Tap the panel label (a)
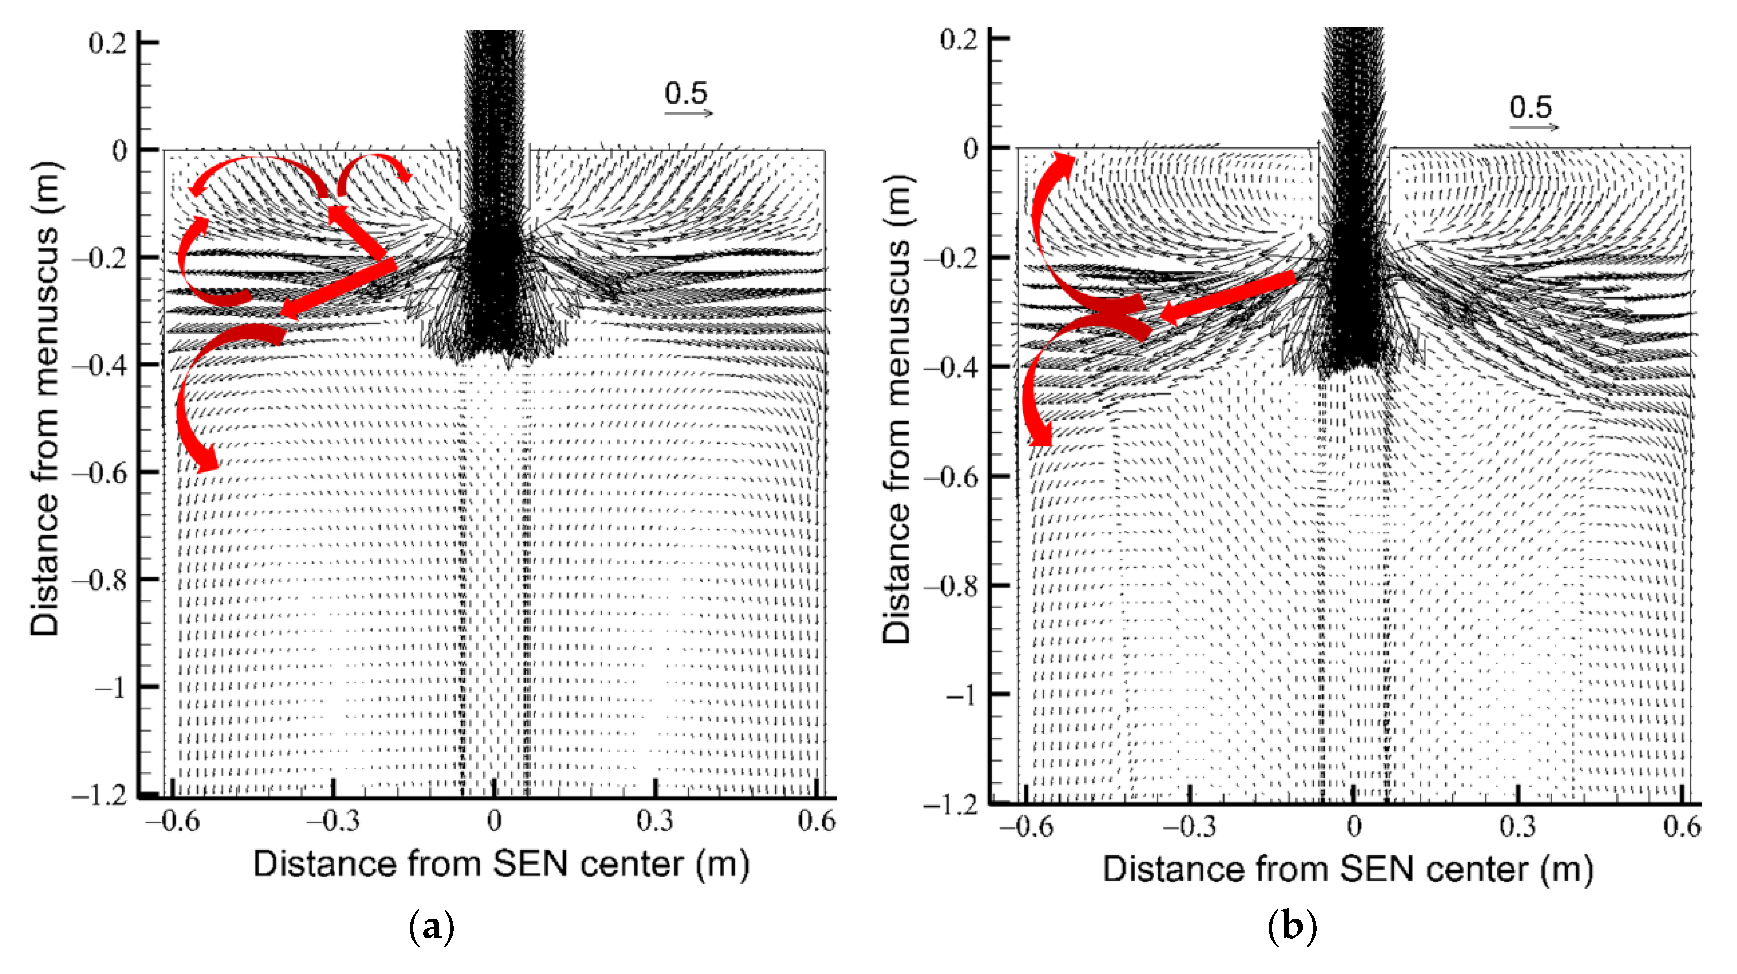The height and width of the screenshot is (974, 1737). (432, 928)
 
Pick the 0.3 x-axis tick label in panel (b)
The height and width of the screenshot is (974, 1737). (1517, 826)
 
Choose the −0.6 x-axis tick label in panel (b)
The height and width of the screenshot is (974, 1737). (1025, 826)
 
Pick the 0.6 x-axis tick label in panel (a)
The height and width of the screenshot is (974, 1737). (816, 822)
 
